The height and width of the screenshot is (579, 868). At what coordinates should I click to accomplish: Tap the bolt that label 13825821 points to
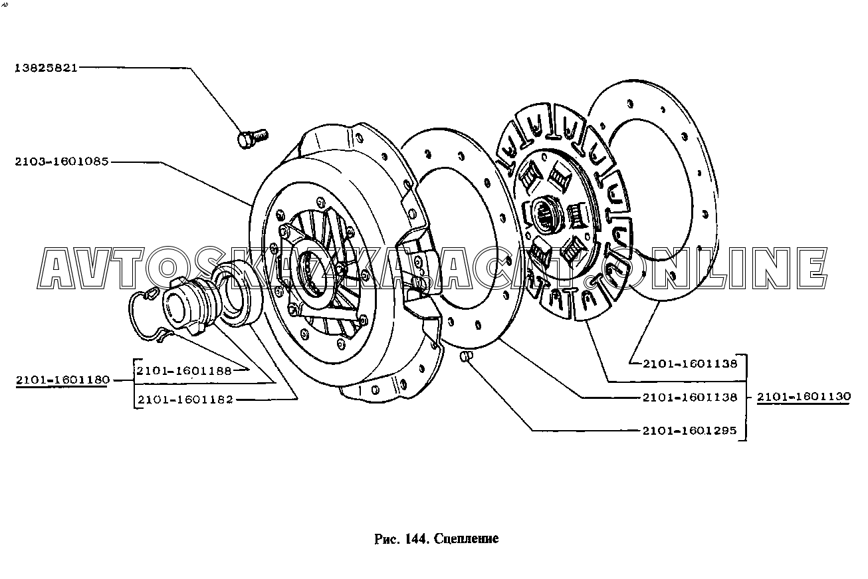tap(251, 138)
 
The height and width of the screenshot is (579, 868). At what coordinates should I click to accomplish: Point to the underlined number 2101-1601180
tap(62, 380)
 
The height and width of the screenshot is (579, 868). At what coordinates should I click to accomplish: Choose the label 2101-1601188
tap(184, 371)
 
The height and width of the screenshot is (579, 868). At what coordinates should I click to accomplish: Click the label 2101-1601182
tap(184, 399)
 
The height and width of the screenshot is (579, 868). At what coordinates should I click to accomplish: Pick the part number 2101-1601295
tap(689, 430)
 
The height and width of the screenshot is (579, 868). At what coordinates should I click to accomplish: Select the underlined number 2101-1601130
tap(804, 396)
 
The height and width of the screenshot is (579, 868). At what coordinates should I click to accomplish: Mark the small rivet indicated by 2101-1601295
tap(467, 358)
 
